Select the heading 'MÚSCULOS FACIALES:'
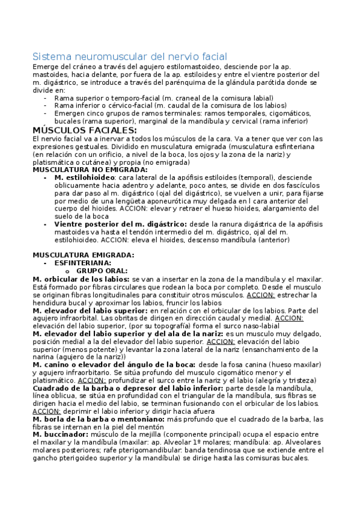point(84,130)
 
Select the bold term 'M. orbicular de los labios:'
point(81,279)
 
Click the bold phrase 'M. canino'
point(52,364)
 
